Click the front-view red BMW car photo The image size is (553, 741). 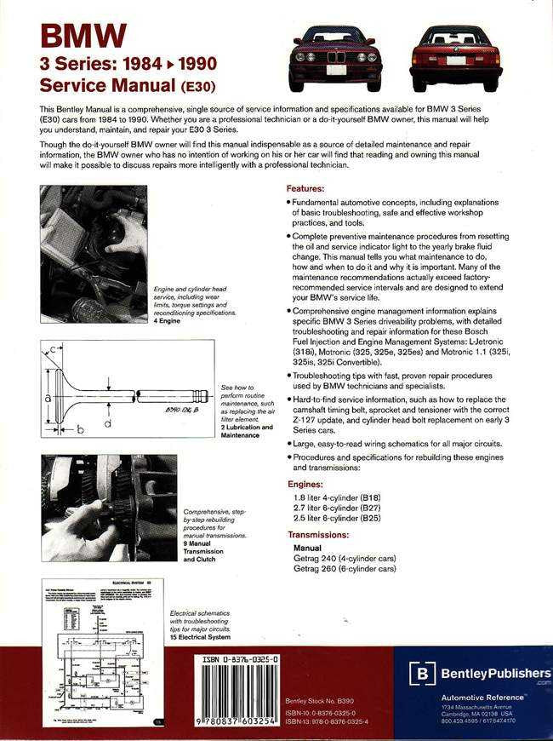tap(333, 56)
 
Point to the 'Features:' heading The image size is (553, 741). tap(305, 187)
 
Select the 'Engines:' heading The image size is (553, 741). tap(305, 483)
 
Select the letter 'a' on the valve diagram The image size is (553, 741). tap(48, 398)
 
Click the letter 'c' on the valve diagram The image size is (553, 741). tap(52, 350)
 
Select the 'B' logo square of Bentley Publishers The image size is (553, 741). tap(422, 674)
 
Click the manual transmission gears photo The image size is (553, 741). tap(108, 508)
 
